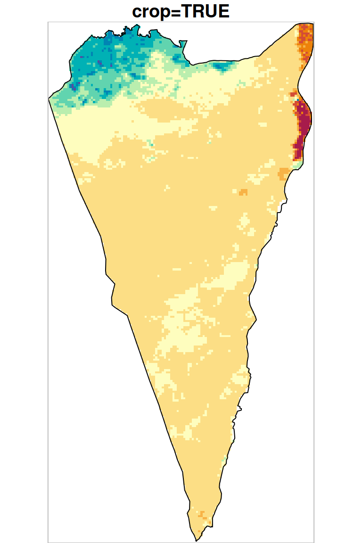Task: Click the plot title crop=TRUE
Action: click(x=181, y=11)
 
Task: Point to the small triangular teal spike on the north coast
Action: click(x=184, y=45)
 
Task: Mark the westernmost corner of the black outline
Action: click(x=49, y=98)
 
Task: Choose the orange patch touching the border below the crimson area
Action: click(x=284, y=173)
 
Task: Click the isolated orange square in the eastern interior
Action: click(x=243, y=192)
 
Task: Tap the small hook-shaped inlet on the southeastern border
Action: click(x=240, y=408)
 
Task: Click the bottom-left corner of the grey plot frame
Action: click(x=49, y=542)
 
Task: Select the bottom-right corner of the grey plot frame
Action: click(x=314, y=542)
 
